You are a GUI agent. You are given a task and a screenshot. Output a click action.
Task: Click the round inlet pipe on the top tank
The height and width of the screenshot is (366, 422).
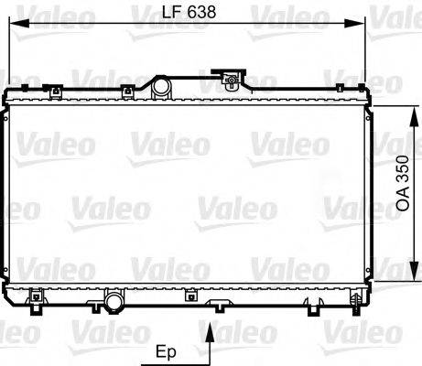pos(161,88)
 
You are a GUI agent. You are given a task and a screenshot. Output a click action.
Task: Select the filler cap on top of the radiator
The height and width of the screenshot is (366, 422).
pos(229,81)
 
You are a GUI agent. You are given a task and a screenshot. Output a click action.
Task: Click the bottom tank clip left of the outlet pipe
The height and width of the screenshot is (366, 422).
pos(36,296)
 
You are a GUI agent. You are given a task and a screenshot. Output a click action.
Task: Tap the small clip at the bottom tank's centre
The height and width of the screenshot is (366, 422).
pos(190,296)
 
